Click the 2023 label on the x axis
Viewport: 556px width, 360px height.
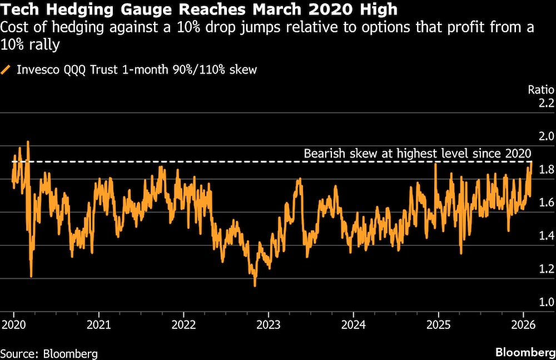[269, 324]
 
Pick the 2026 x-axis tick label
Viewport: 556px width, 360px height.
[523, 324]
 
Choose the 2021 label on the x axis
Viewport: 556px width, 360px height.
[98, 324]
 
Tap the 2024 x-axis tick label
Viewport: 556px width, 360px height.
[354, 324]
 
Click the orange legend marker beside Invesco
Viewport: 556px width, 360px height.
[7, 70]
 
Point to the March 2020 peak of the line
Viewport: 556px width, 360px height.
[28, 142]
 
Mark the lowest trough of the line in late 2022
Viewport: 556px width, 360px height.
[255, 285]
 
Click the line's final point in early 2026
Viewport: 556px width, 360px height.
[532, 162]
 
